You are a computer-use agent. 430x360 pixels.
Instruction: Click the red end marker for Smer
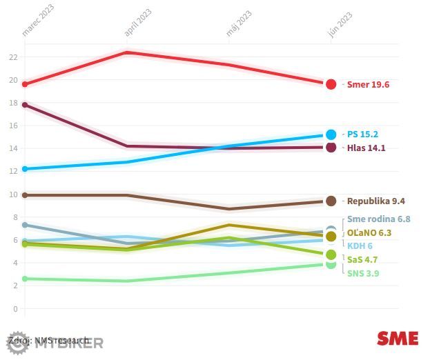pos(331,84)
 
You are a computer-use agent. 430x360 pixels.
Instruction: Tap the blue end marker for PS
pos(331,134)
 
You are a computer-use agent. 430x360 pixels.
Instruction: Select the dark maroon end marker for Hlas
pos(331,148)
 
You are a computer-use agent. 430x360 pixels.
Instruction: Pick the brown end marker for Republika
pos(331,201)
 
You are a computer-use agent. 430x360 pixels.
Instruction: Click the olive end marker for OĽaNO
pos(331,237)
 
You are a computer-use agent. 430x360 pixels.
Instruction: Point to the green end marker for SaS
pos(331,254)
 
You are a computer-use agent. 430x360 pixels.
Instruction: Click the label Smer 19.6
pos(368,84)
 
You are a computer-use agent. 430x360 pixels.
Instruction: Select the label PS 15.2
pos(362,134)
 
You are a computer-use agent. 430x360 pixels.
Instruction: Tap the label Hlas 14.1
pos(366,148)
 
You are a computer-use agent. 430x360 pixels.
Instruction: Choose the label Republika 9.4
pos(375,201)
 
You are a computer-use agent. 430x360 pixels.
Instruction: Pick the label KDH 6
pos(360,246)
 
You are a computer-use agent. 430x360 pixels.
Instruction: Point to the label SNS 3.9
pos(363,273)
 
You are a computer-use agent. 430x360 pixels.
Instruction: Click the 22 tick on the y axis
pos(13,57)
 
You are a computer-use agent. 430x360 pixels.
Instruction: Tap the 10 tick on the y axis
pos(13,194)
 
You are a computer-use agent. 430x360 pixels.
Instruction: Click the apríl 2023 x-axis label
pos(137,23)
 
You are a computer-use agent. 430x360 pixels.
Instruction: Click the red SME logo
pos(397,338)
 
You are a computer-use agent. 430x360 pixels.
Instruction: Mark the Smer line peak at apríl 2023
pos(126,52)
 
